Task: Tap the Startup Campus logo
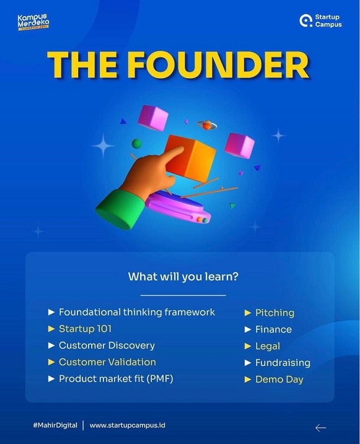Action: click(321, 20)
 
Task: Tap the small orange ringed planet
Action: click(207, 126)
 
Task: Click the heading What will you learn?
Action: click(183, 277)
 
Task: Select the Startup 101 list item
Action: click(85, 329)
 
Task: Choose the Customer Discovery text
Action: click(107, 346)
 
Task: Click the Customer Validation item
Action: click(107, 362)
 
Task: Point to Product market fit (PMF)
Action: click(116, 379)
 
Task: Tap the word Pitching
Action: click(274, 313)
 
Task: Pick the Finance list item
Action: click(273, 329)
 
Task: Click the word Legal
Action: click(268, 346)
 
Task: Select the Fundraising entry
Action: click(283, 363)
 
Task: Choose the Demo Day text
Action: click(279, 380)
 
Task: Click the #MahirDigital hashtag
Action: click(55, 425)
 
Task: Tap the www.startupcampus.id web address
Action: click(127, 425)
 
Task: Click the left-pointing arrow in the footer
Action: click(320, 428)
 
